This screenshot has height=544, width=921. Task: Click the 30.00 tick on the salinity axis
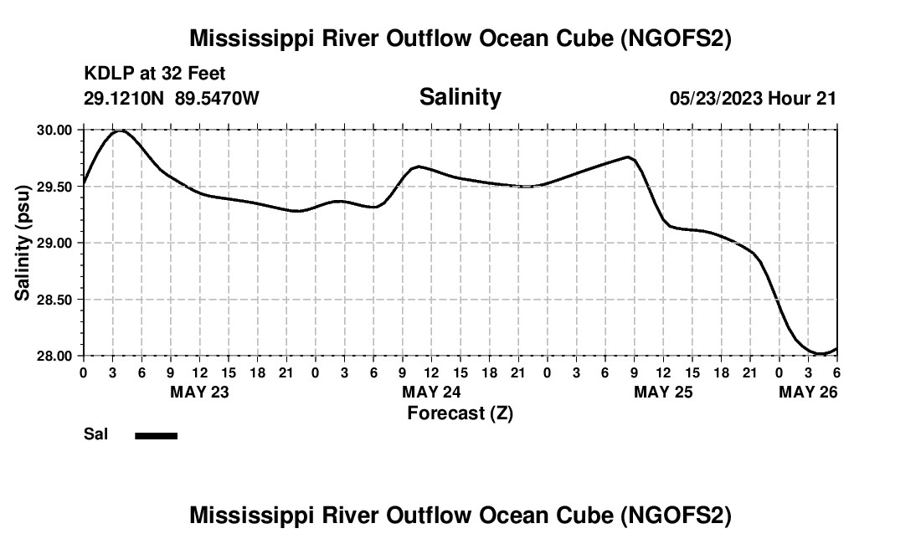click(x=54, y=130)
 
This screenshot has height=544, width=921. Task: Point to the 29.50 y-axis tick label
click(x=54, y=187)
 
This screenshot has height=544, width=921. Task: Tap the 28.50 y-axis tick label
click(x=54, y=300)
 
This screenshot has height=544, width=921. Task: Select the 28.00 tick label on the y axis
click(x=54, y=356)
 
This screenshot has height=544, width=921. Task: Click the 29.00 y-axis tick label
click(x=54, y=243)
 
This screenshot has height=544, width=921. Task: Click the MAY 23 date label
click(x=199, y=392)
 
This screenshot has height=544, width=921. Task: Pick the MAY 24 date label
click(x=431, y=392)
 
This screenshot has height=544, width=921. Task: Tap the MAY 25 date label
click(x=663, y=392)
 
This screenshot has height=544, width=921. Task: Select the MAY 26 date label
click(x=808, y=392)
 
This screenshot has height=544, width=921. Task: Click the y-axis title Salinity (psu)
click(x=23, y=243)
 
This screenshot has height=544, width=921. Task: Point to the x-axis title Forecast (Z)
click(x=460, y=413)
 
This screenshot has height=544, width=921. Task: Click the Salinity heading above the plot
click(x=460, y=97)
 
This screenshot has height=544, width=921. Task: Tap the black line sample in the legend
click(x=156, y=435)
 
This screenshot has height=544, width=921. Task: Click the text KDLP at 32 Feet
click(x=155, y=74)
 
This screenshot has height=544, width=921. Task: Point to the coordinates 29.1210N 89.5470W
click(x=172, y=98)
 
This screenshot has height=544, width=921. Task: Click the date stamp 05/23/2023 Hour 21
click(x=753, y=98)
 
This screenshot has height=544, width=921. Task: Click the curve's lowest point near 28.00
click(x=819, y=354)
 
